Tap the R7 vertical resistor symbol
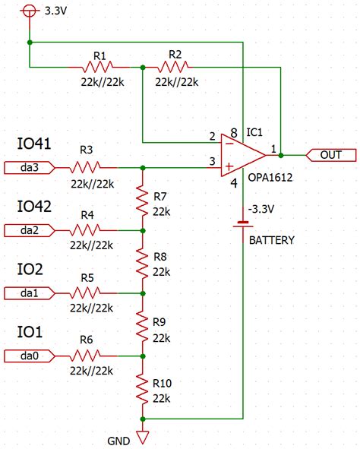143,198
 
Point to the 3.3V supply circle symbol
29,11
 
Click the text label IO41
34,144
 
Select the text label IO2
30,270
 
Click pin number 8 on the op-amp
233,131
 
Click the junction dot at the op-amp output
281,155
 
